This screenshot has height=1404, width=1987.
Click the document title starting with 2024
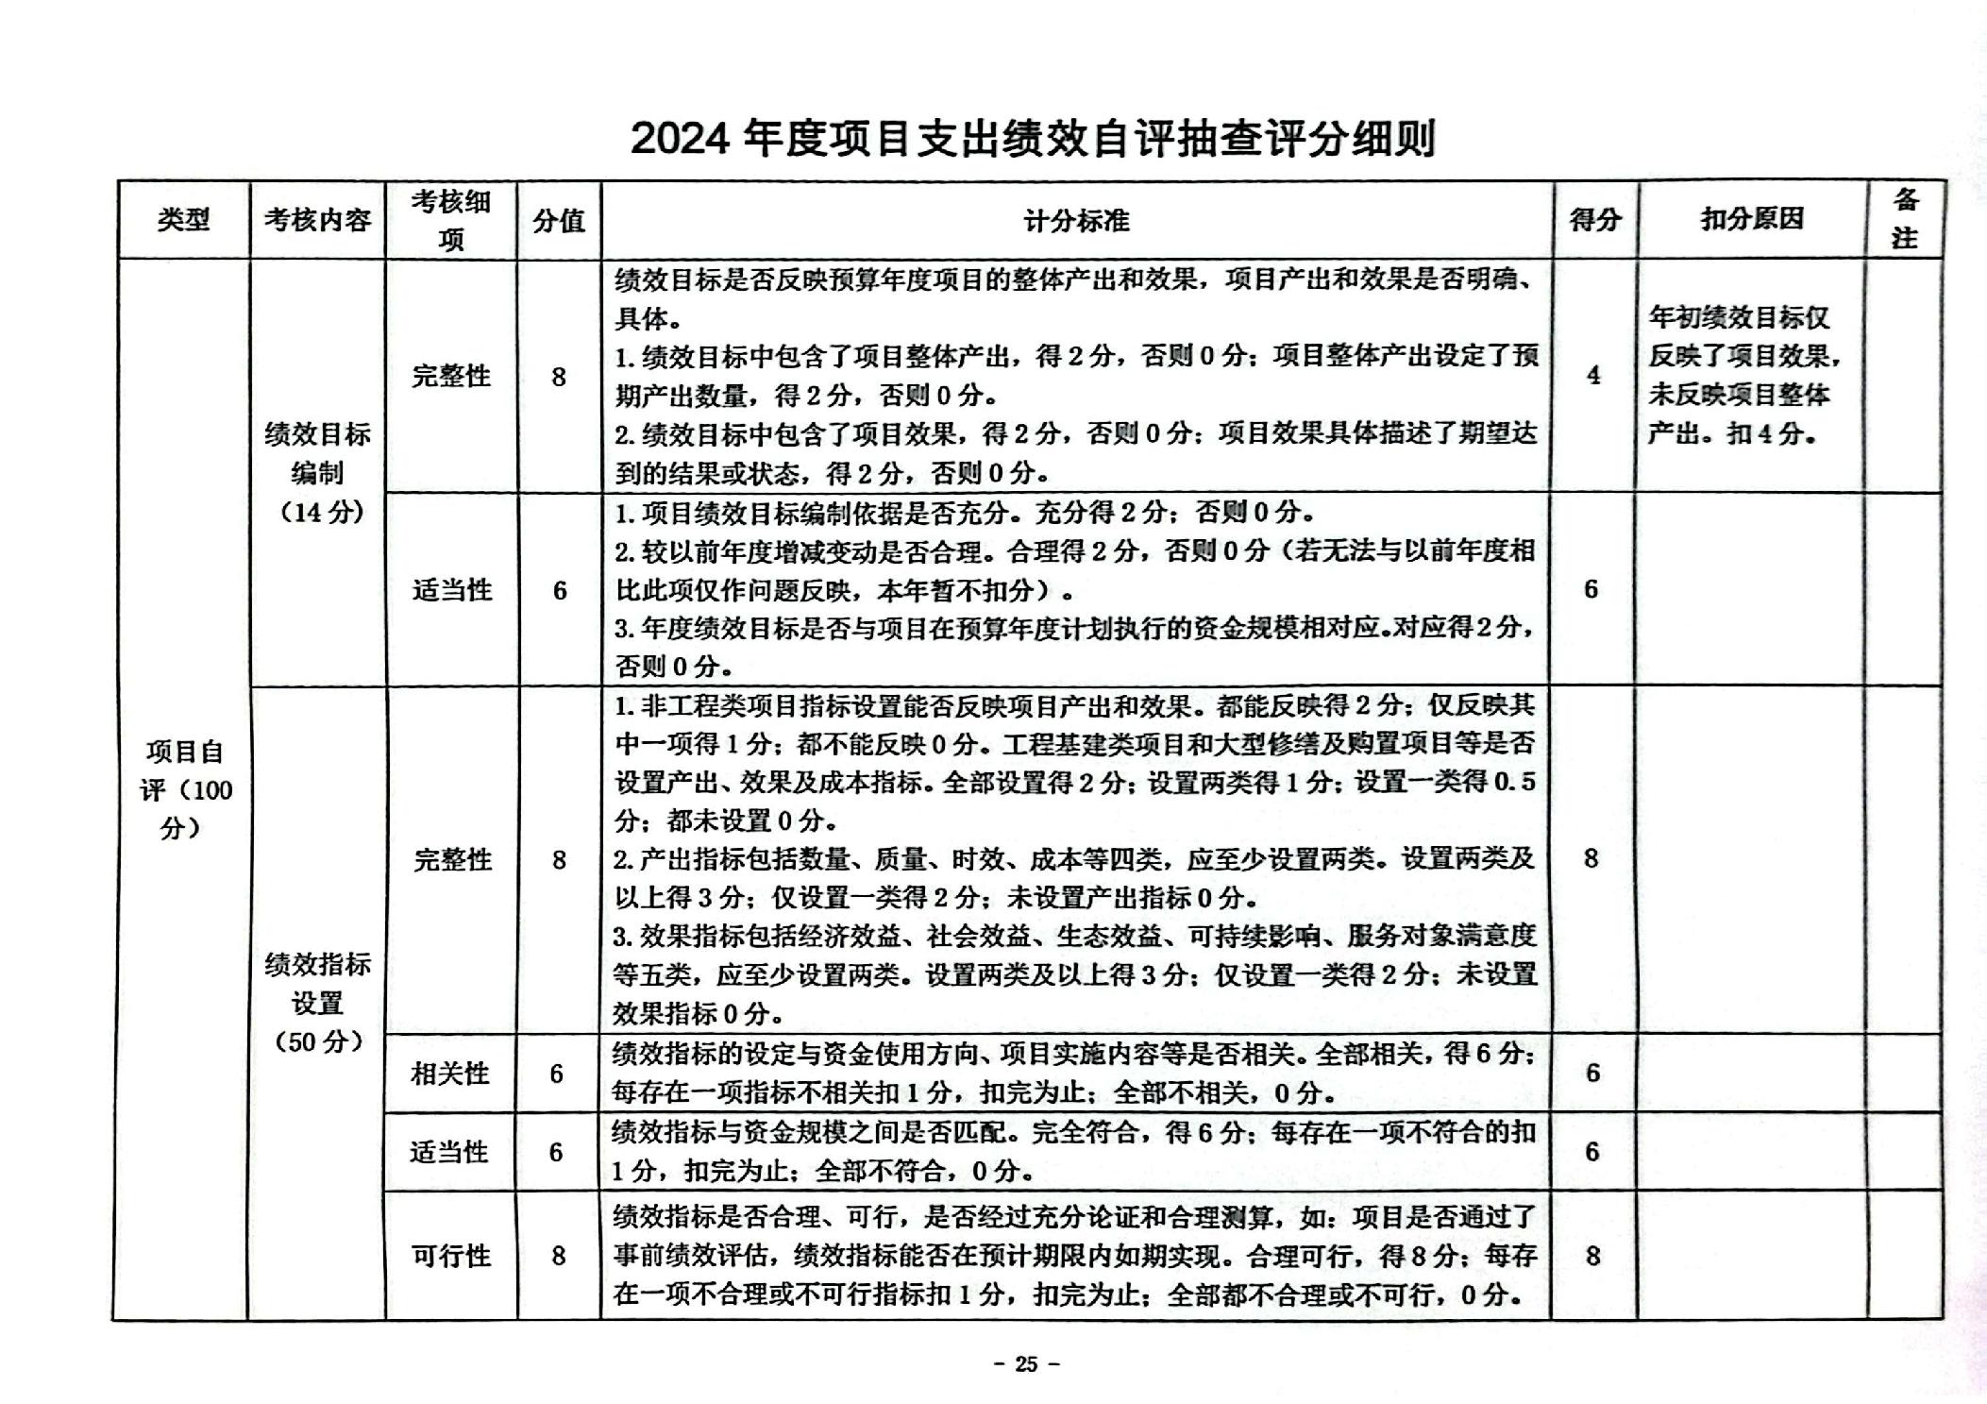(x=1033, y=139)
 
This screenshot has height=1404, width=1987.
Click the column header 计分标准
(x=1076, y=221)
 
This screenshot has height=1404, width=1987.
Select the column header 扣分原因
(x=1751, y=219)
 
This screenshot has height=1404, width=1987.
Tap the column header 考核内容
(x=317, y=220)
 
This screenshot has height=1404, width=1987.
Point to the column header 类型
(x=183, y=220)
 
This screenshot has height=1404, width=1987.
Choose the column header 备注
(x=1905, y=219)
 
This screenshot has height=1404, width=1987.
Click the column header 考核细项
(x=451, y=220)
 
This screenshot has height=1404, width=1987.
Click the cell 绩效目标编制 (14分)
(x=318, y=472)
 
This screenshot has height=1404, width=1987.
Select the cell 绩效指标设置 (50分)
(x=318, y=1002)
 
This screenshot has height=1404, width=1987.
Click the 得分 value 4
(x=1593, y=376)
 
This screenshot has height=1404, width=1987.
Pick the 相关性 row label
(x=450, y=1074)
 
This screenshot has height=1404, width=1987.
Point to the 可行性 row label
(x=451, y=1256)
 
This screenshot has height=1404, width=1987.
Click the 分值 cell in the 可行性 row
(x=559, y=1256)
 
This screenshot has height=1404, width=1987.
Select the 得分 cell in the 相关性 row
(x=1593, y=1074)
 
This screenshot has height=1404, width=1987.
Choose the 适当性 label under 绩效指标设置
(x=449, y=1152)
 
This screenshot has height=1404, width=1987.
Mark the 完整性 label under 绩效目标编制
(x=451, y=376)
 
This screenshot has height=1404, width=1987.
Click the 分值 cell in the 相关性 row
(x=557, y=1074)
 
